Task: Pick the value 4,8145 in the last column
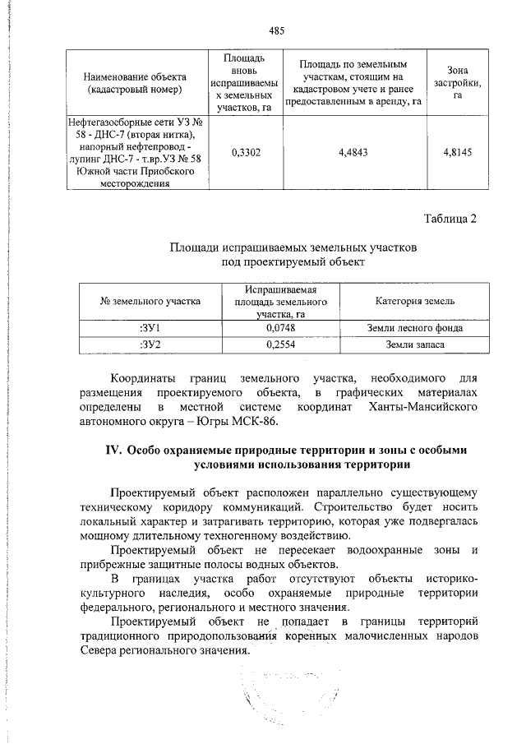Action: click(x=457, y=152)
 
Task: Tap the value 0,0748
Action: click(x=280, y=328)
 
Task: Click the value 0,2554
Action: click(x=280, y=344)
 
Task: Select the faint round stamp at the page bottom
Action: click(x=270, y=695)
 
